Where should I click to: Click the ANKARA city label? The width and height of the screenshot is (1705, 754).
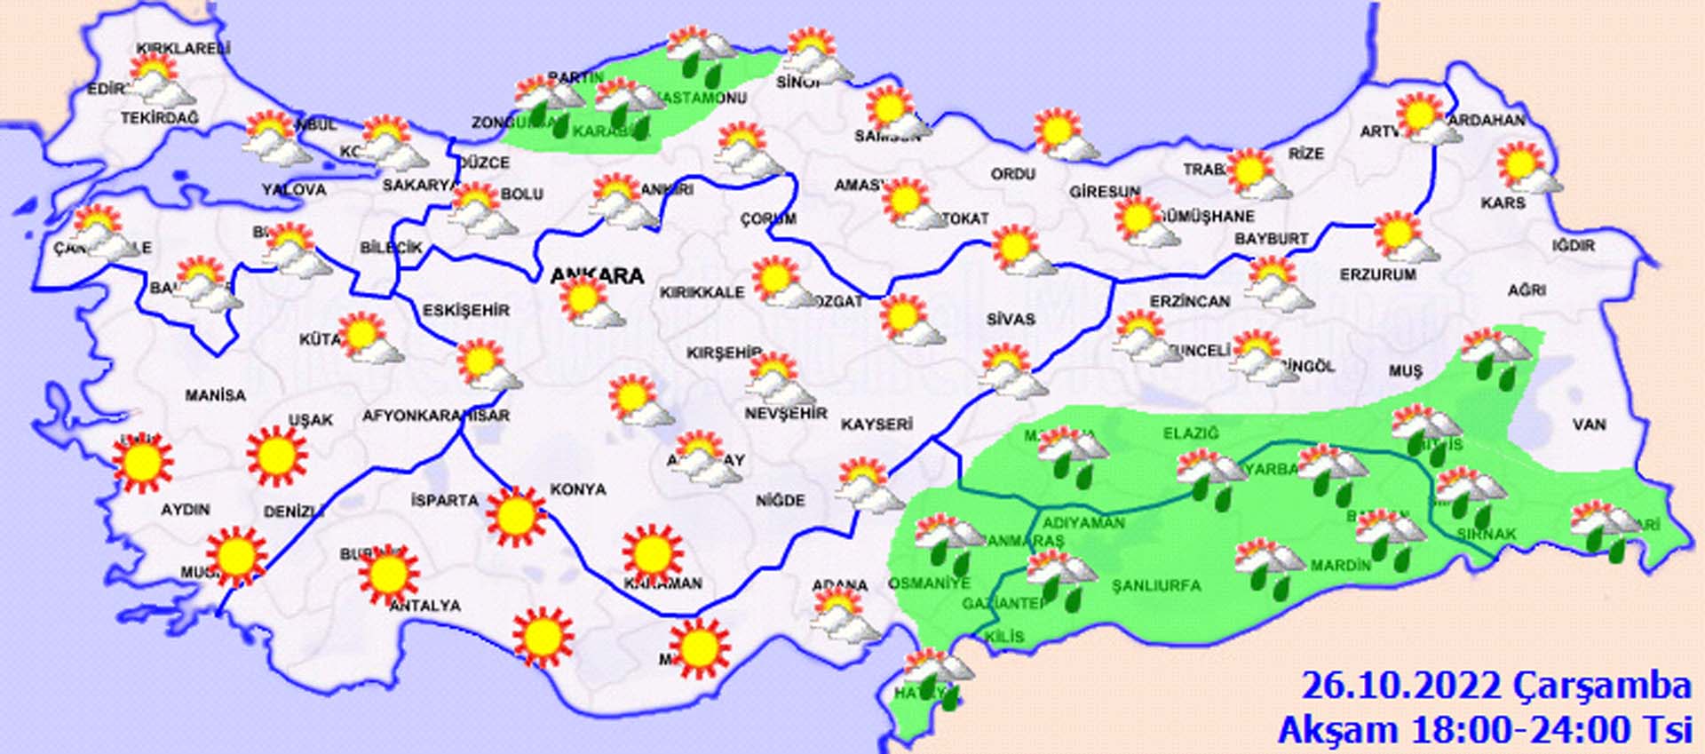(x=597, y=276)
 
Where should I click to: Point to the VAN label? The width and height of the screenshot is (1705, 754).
(x=1589, y=425)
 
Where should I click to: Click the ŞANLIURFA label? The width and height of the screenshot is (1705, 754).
(x=1156, y=585)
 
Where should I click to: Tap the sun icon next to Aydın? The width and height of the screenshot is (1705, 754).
(x=142, y=463)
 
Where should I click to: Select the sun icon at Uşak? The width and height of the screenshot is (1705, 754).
(x=276, y=456)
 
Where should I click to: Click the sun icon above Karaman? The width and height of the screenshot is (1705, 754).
(x=653, y=553)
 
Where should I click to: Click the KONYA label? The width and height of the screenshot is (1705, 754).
(x=578, y=489)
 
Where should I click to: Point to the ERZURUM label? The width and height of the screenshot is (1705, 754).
(x=1377, y=275)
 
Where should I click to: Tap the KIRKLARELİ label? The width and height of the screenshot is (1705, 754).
(x=184, y=49)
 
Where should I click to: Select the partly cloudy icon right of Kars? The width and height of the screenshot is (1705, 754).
(x=1527, y=168)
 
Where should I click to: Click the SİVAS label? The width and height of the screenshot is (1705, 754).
(x=1011, y=319)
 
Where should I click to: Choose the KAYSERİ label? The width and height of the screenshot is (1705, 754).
(x=876, y=425)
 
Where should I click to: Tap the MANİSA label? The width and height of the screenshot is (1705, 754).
(x=215, y=395)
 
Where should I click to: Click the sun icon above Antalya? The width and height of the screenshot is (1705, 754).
(x=388, y=574)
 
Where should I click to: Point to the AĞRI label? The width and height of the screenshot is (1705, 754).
(x=1527, y=290)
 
